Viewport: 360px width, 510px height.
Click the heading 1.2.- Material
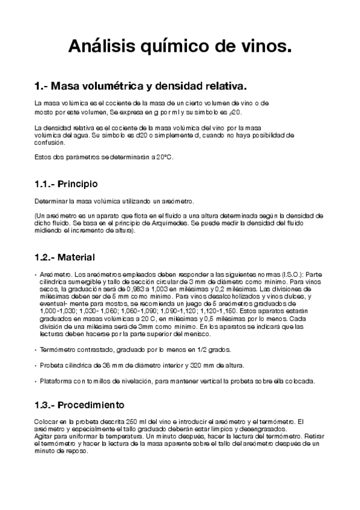[65, 257]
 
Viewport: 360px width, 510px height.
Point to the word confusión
[49, 143]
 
